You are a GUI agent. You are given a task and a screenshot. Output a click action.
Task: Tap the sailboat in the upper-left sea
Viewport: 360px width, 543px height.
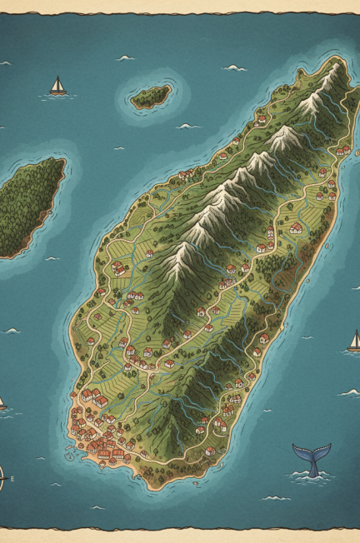[x=57, y=87]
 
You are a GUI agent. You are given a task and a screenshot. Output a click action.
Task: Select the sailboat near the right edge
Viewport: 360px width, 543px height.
[x=354, y=341]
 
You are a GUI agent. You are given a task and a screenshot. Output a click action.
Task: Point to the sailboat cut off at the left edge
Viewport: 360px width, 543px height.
[x=2, y=403]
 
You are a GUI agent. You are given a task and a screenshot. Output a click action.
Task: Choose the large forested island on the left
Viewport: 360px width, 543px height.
[x=29, y=204]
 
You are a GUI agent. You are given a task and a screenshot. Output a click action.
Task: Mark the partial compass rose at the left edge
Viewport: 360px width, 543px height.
[x=2, y=479]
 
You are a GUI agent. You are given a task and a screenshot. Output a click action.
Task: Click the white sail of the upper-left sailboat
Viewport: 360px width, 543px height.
[x=57, y=83]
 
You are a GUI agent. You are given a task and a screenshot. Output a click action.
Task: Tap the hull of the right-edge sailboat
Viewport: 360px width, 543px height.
[x=354, y=348]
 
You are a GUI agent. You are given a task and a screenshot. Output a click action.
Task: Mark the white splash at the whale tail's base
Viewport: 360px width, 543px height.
[x=312, y=476]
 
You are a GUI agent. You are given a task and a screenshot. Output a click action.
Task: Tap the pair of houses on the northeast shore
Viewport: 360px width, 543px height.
[x=342, y=151]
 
